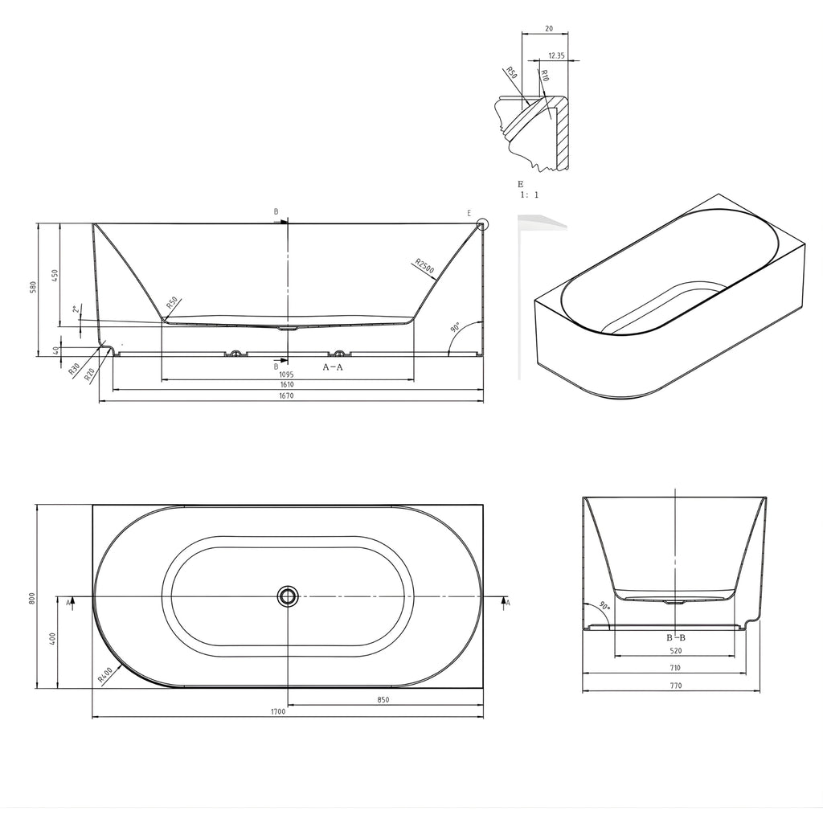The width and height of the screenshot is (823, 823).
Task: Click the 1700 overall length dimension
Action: click(278, 711)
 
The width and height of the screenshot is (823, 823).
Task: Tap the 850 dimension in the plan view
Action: click(383, 699)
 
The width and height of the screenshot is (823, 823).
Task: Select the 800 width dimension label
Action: click(32, 597)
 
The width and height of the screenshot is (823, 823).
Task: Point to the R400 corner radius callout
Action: click(105, 674)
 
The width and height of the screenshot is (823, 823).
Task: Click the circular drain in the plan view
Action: click(288, 596)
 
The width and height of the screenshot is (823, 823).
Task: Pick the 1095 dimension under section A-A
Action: click(287, 375)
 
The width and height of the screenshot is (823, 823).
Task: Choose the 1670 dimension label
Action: click(287, 395)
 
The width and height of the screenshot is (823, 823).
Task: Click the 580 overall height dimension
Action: click(32, 288)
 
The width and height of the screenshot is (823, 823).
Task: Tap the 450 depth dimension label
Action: click(55, 275)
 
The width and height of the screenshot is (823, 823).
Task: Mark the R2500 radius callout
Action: click(424, 266)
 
